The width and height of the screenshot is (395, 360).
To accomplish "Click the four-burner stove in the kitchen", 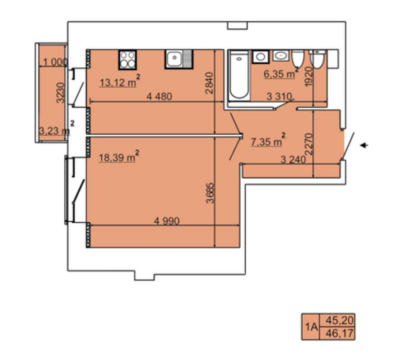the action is point(127,60).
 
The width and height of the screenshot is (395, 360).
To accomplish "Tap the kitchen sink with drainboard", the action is point(179,59).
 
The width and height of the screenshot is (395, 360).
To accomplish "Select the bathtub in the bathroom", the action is point(239,75).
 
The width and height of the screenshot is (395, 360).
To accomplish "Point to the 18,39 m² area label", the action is point(119,156).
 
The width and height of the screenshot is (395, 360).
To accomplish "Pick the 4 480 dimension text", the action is point(159,96).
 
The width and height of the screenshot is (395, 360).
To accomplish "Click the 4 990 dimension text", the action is point(167,221).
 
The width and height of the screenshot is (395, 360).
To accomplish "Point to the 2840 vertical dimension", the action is point(209,83).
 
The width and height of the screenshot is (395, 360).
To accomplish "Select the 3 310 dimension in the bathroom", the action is point(279,96).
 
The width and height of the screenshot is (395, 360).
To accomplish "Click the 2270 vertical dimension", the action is point(309,144).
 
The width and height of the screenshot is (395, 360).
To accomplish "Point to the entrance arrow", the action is point(364,145).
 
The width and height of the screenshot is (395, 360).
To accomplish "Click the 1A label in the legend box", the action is point(311,327).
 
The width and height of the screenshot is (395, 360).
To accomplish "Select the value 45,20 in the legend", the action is point(340,320).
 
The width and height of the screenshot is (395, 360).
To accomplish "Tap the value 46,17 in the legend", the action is point(340,333).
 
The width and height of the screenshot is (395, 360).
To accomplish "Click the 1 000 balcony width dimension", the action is point(55,62).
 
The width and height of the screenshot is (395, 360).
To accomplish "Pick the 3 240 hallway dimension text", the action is point(293,159).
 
